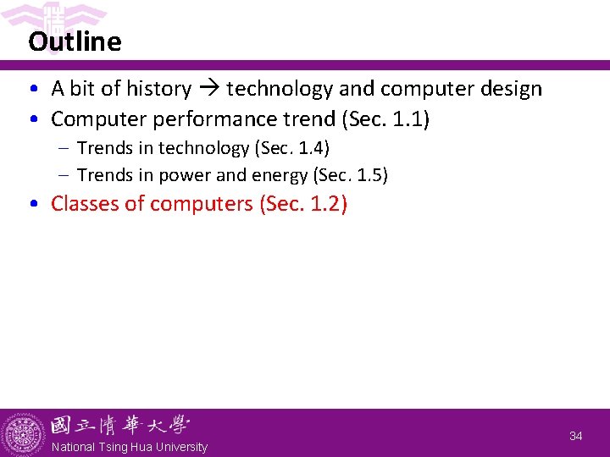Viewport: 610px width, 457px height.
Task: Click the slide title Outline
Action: coord(75,41)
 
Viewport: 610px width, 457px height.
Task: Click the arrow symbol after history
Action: coord(209,89)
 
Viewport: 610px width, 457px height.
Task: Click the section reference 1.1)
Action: coord(412,119)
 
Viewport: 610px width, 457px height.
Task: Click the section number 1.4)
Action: coord(313,148)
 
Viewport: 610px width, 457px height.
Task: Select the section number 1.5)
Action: coord(371,175)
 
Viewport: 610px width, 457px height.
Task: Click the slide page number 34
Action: coord(576,436)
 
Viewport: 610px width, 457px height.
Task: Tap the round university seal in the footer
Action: coord(24,434)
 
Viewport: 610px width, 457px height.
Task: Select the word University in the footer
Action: coord(179,447)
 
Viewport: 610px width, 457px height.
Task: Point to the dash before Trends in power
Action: coord(64,175)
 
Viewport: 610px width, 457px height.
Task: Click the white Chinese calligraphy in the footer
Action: coord(119,424)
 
